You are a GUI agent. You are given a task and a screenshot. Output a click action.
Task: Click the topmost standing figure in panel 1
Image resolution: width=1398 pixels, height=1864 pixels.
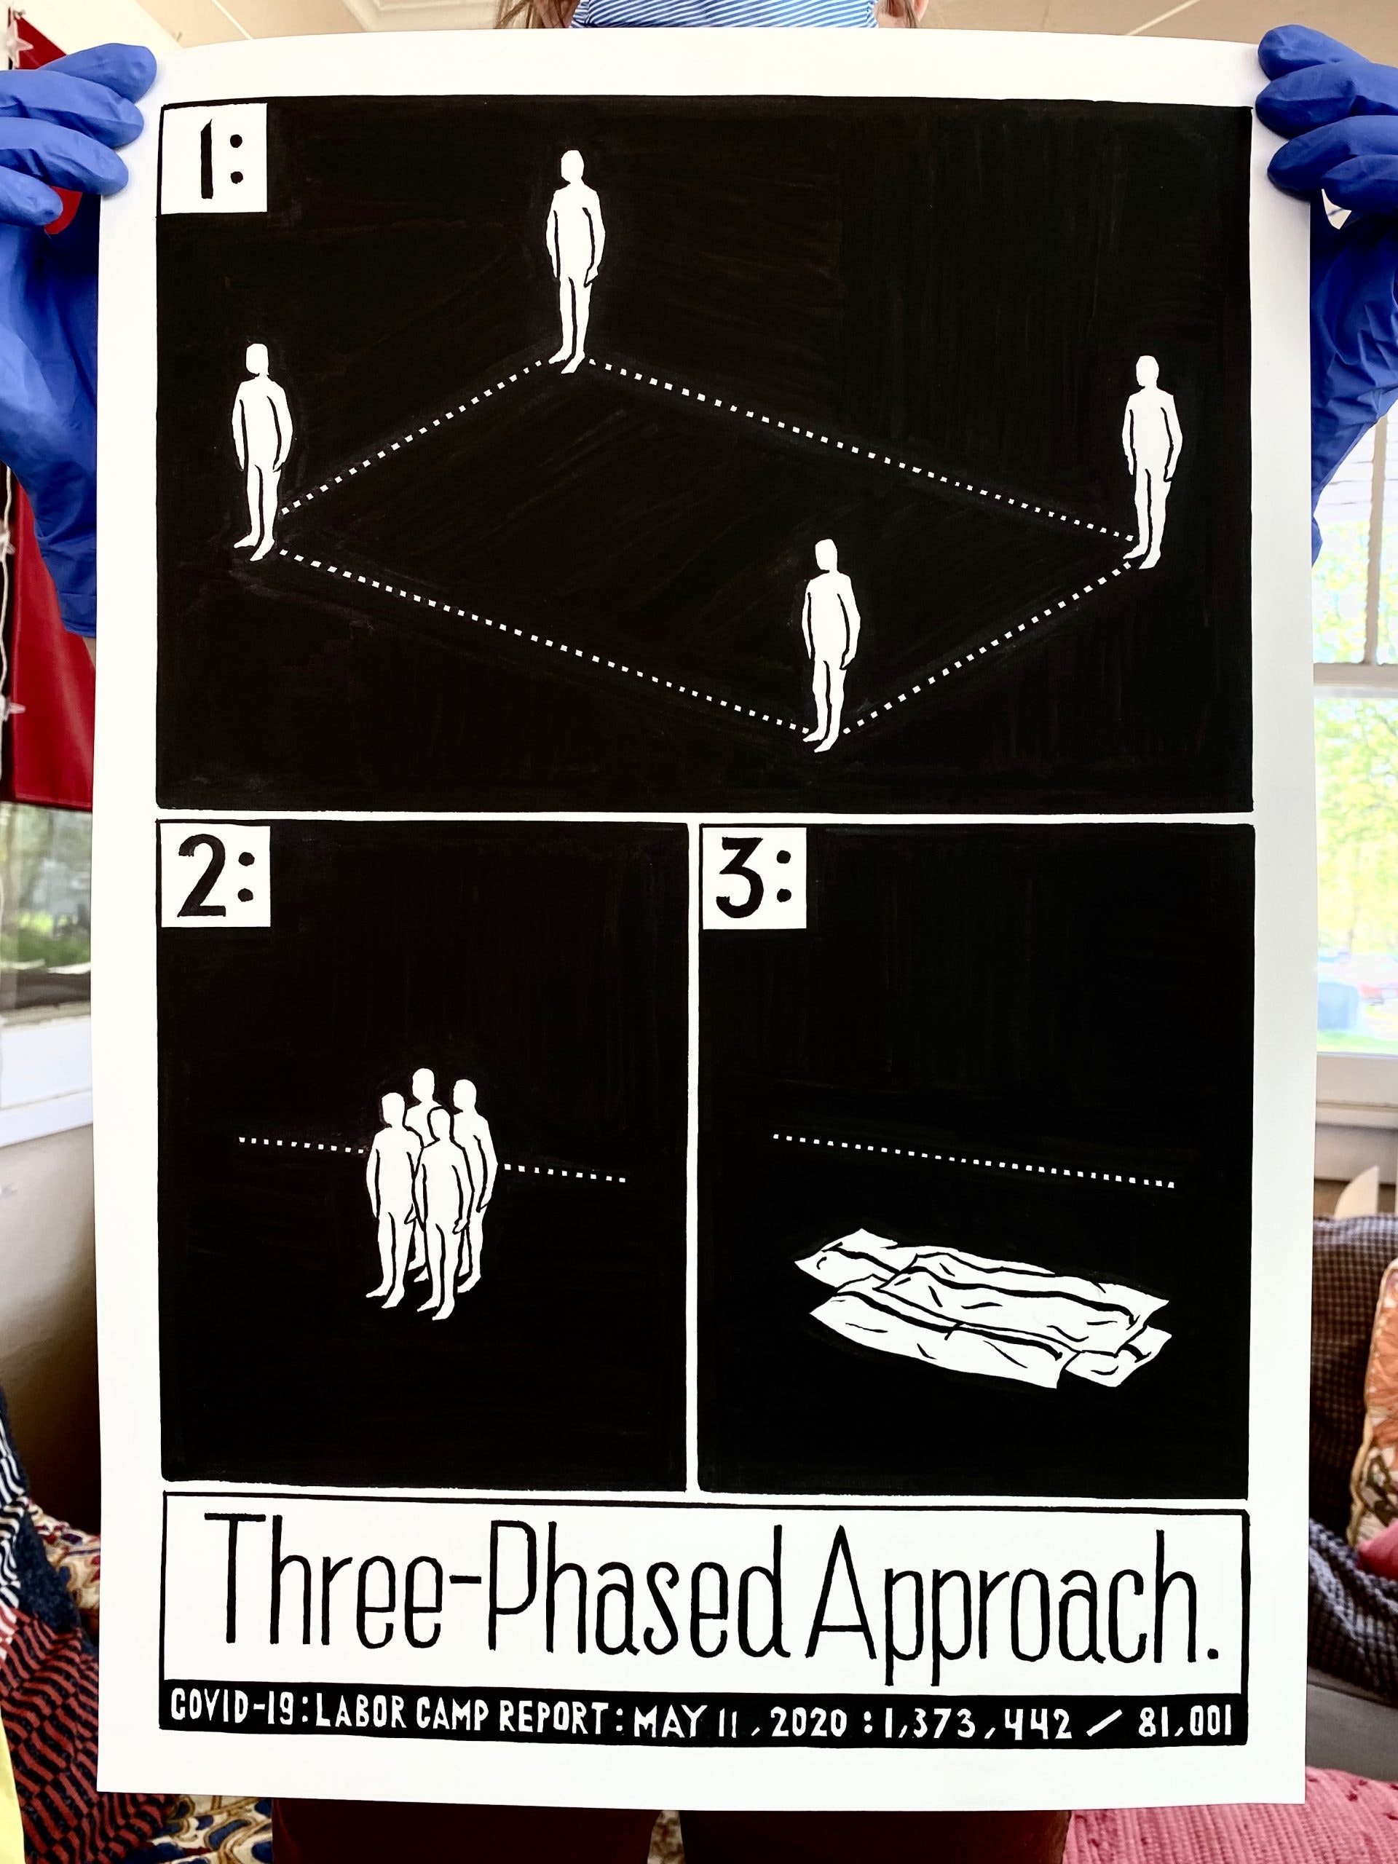click(x=575, y=261)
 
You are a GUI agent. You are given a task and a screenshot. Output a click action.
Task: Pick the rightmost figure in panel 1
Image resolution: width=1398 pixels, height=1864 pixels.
click(x=1151, y=461)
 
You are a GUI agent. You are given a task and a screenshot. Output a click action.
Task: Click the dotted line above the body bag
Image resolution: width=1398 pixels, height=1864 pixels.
click(x=974, y=1161)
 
